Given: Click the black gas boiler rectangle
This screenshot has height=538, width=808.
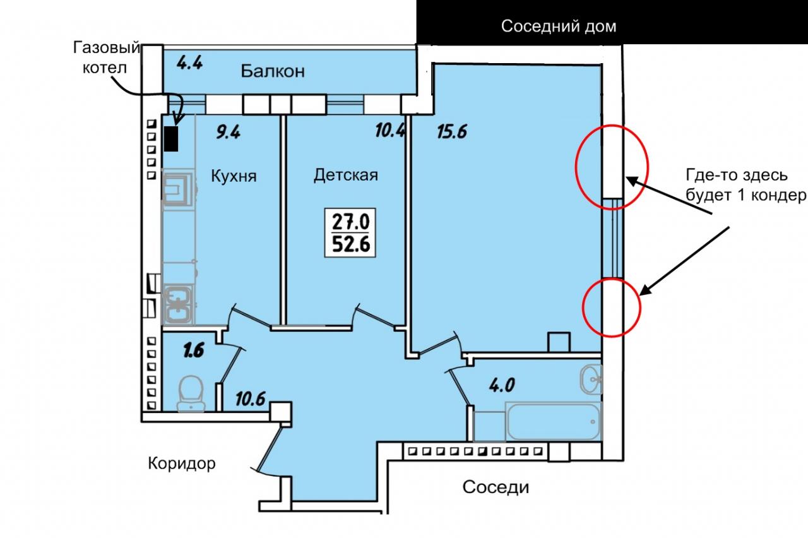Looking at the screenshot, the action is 171,138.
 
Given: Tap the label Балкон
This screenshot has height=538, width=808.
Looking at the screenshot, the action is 273,71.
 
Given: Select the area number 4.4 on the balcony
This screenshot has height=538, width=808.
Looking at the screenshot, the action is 190,63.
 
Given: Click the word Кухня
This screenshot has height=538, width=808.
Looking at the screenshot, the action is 234,176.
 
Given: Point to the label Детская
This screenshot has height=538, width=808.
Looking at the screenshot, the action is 345,175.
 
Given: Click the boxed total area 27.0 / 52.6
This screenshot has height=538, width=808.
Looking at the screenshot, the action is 350,233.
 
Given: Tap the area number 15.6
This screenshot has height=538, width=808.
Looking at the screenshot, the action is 452,132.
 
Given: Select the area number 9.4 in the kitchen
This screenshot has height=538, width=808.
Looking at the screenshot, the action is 229,132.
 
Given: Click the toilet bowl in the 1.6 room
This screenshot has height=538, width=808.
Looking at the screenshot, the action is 191,394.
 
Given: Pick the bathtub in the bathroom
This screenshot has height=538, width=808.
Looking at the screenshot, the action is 553,421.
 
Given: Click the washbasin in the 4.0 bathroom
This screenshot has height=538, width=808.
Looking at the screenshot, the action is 591,380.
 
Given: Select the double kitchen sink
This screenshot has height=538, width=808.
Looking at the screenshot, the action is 178,303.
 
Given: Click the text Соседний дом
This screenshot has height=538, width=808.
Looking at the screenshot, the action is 559,27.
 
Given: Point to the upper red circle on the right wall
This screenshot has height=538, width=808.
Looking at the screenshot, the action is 575,167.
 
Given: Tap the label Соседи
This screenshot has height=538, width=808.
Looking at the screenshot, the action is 496,487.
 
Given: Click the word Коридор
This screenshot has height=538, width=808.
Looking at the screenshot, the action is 182,463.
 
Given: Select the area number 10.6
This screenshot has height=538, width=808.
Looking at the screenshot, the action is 251,398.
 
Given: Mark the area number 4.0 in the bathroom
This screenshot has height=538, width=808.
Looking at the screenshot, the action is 502,385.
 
